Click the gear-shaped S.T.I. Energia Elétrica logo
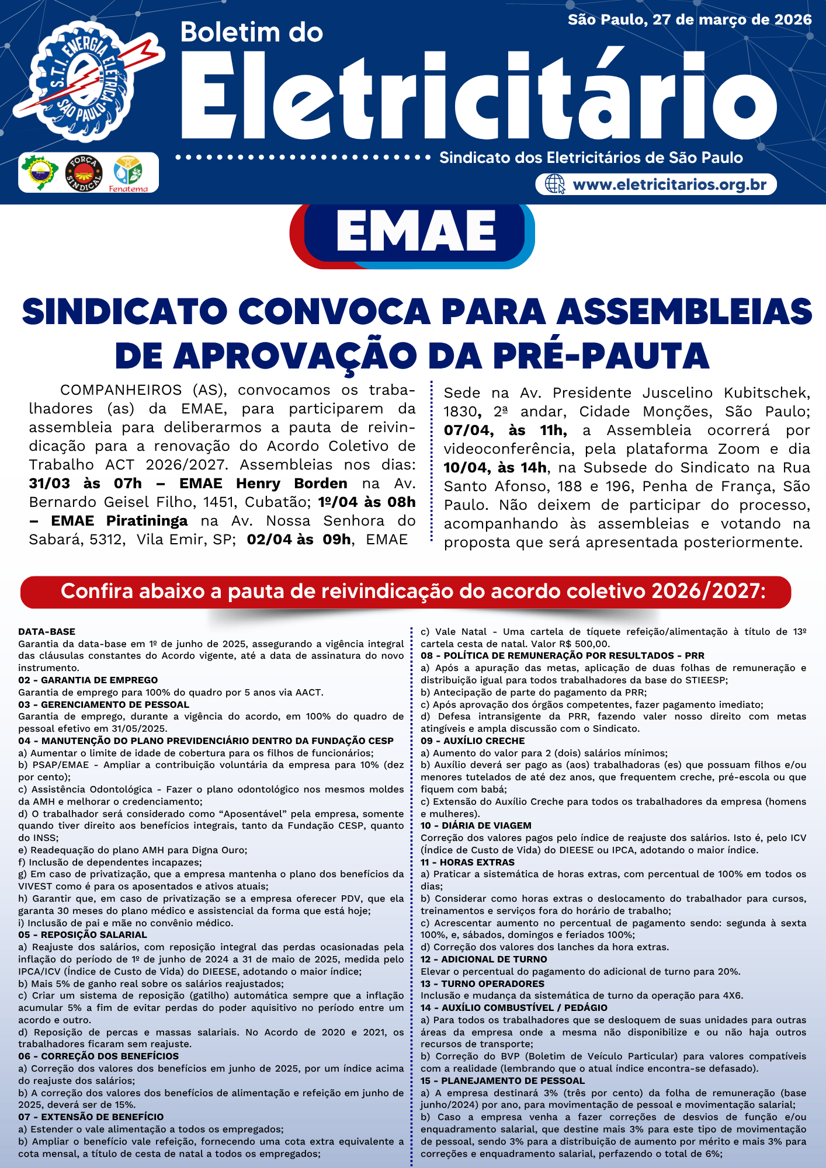[x=82, y=82]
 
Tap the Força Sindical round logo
[x=84, y=173]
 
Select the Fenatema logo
[x=128, y=173]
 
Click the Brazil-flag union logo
[x=40, y=173]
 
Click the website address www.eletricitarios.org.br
[x=669, y=185]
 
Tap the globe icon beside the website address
[x=554, y=185]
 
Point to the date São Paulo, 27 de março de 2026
[x=690, y=20]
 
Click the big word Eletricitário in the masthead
[x=479, y=96]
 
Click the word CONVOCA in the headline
[x=335, y=312]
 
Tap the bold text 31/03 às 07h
[x=85, y=484]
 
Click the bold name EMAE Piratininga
[x=119, y=521]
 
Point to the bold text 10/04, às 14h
[x=495, y=468]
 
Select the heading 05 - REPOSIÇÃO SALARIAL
[x=82, y=934]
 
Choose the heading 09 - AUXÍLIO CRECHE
[x=473, y=741]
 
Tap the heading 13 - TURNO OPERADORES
[x=483, y=983]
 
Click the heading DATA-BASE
[x=47, y=631]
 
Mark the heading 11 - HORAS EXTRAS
[x=467, y=862]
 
